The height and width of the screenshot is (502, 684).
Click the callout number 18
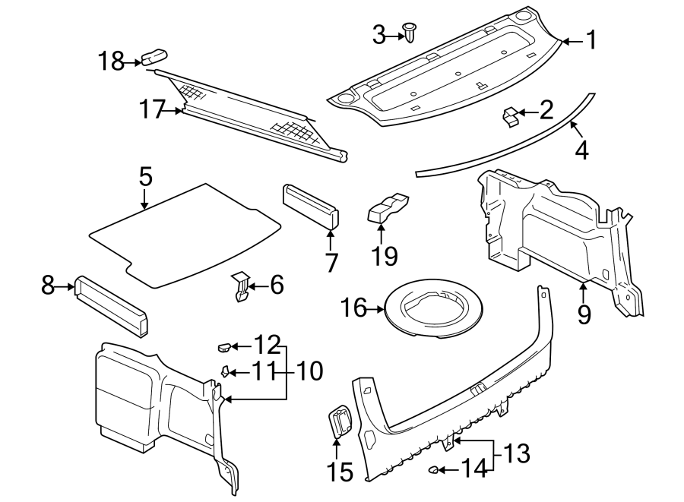[x=112, y=62]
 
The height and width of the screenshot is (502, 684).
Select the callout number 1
[x=589, y=40]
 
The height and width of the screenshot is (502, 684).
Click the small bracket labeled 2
[x=511, y=115]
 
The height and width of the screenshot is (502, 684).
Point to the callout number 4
[x=581, y=150]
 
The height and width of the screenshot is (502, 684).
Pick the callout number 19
[x=385, y=255]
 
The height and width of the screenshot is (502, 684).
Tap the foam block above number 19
[x=388, y=207]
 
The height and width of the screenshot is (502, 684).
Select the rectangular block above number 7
[x=312, y=206]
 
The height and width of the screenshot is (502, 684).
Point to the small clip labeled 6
[x=242, y=286]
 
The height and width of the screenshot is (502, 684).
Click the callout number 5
[x=145, y=178]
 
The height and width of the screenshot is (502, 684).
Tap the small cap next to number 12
[x=224, y=347]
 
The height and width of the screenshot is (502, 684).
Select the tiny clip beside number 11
[x=225, y=371]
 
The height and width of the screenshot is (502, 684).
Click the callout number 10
[x=308, y=371]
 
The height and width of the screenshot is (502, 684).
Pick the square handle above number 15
[x=340, y=421]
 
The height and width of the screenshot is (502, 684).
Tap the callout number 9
[x=584, y=314]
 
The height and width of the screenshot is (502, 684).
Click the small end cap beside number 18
[x=154, y=57]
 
